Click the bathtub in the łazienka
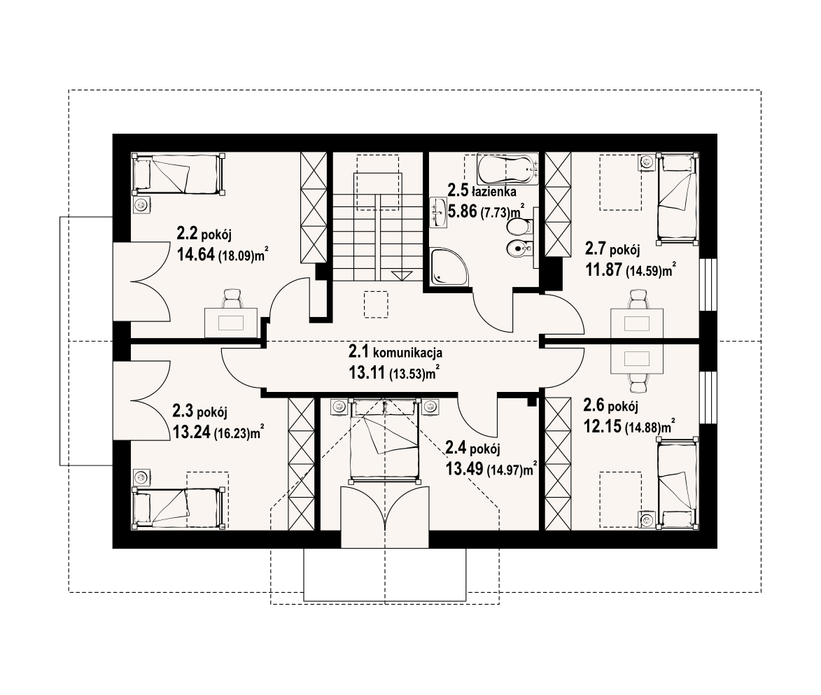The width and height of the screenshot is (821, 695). point(508,169)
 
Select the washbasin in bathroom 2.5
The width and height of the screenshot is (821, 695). point(440,212)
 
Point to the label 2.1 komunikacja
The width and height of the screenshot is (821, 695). point(396,352)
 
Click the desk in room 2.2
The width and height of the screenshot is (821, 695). point(230,322)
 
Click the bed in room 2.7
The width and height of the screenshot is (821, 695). point(678,197)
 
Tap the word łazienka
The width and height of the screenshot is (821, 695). point(493,190)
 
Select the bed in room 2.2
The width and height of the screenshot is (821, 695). point(178,174)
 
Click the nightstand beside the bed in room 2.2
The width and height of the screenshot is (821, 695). point(141,205)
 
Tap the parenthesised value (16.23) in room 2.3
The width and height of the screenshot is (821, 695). point(232,433)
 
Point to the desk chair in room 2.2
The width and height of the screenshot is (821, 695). point(231,300)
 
